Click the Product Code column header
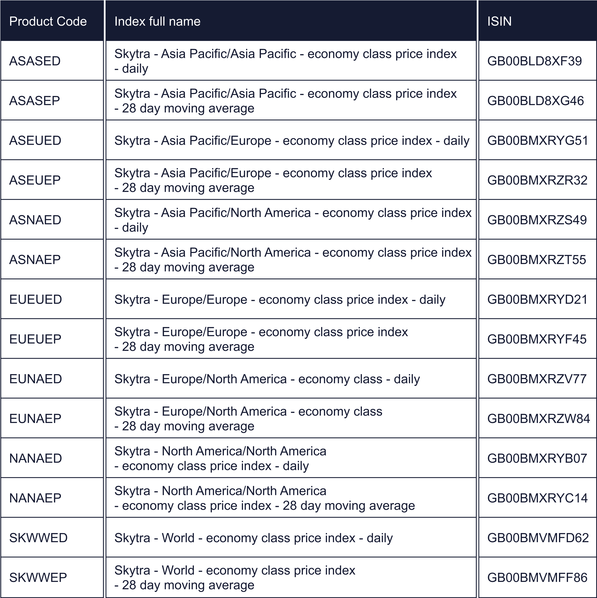click(48, 21)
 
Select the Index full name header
click(157, 21)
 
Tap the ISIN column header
click(499, 21)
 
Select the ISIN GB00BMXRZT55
click(537, 260)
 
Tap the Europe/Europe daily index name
click(280, 300)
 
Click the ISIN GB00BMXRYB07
click(537, 458)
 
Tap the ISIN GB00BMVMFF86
click(537, 578)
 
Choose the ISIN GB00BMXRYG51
click(538, 140)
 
